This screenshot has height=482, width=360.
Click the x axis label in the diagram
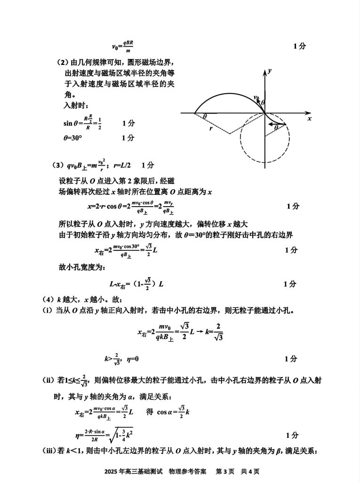[x=310, y=119]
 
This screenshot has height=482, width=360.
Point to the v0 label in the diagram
[x=256, y=97]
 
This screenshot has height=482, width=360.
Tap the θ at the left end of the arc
[x=205, y=116]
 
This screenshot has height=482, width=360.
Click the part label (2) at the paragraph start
[x=63, y=63]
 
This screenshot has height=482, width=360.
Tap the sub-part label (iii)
[x=50, y=451]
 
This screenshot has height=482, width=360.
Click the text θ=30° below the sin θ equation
[x=73, y=138]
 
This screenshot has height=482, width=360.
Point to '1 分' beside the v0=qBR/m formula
[x=299, y=46]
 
